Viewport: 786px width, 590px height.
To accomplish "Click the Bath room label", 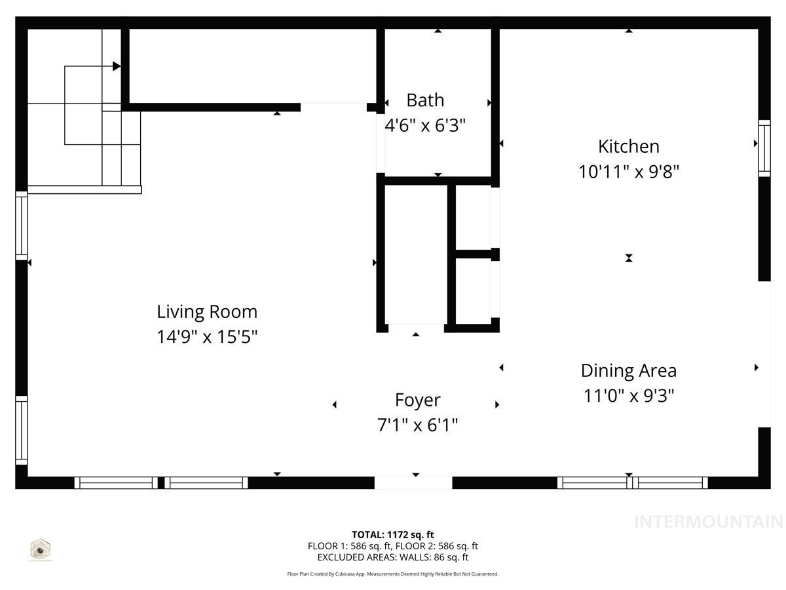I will [425, 100].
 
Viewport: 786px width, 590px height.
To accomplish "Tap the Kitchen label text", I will [628, 146].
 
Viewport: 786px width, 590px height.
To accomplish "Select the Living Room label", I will [207, 311].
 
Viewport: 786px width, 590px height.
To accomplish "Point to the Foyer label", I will [417, 400].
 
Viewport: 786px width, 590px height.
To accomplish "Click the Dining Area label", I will [628, 370].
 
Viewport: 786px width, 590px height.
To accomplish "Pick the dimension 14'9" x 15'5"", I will [207, 337].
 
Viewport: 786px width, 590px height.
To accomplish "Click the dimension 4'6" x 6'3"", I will [425, 125].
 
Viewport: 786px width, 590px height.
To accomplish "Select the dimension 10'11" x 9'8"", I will [628, 172].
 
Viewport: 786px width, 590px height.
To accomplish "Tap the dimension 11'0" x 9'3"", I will [628, 396].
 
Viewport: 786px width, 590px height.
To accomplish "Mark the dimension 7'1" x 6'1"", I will [417, 425].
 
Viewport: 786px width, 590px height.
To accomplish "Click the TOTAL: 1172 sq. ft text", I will [393, 535].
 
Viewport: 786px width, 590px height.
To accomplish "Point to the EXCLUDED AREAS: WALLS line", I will [393, 557].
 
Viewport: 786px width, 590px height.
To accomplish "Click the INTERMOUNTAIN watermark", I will [708, 522].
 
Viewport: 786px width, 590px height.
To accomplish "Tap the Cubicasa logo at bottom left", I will [41, 549].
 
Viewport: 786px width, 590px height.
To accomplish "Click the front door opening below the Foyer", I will [413, 483].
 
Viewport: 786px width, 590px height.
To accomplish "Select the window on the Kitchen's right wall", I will [764, 148].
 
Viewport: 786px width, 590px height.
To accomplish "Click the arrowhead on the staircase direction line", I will [117, 66].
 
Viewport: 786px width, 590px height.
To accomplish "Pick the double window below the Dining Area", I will [632, 483].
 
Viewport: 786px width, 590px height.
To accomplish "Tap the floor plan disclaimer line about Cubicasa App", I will [393, 574].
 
